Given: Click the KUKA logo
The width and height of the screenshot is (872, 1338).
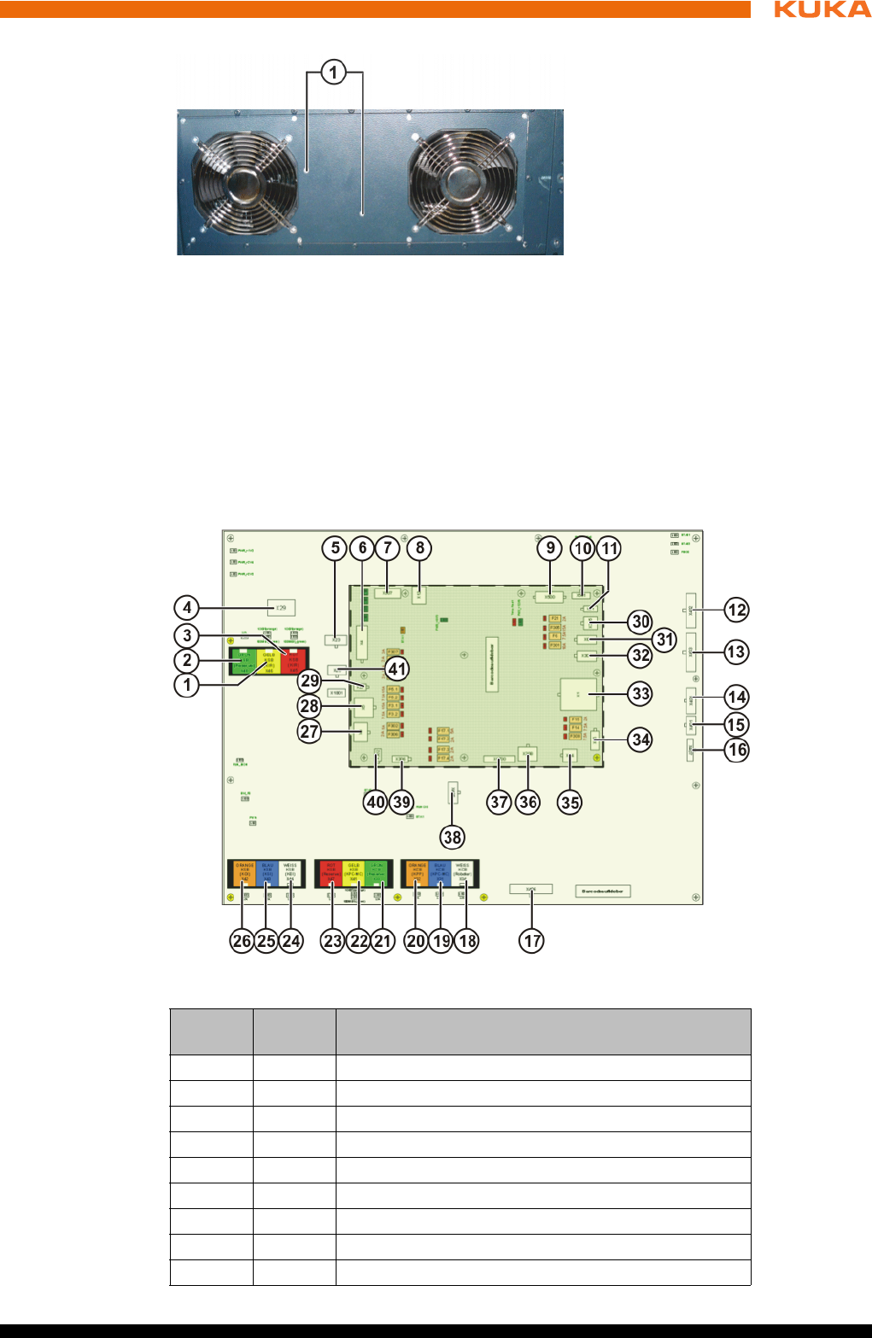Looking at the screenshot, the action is click(x=822, y=9).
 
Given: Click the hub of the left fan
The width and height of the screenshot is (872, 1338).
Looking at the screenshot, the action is click(x=243, y=183).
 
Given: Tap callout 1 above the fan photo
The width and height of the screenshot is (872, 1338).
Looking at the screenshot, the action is click(x=334, y=72).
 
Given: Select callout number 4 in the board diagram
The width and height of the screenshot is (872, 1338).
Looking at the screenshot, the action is click(x=187, y=608).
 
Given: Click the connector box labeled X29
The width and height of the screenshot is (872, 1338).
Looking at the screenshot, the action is click(x=281, y=608).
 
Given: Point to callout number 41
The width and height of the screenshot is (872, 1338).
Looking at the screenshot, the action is click(x=397, y=669).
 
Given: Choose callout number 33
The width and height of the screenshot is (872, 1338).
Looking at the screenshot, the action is click(x=641, y=693).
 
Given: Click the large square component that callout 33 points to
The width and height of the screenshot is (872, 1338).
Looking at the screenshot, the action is click(x=578, y=695).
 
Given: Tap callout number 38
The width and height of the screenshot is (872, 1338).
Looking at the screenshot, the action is click(x=453, y=837).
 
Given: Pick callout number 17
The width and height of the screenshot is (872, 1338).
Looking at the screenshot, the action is click(x=532, y=941).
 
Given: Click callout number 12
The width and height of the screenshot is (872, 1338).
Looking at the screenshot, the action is click(x=736, y=610).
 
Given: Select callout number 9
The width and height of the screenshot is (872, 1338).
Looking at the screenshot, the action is click(x=550, y=548).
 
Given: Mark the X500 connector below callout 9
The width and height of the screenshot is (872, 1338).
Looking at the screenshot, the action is click(x=550, y=597).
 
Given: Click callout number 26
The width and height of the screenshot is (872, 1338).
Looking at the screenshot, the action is click(x=242, y=941).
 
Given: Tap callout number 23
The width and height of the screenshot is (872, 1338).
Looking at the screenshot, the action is click(x=332, y=941).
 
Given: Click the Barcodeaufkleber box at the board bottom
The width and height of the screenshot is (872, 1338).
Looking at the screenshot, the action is click(x=603, y=891).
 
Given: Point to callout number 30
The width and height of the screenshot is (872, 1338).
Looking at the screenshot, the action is click(x=641, y=622).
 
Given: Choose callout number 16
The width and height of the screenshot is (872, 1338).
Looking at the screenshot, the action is click(x=736, y=750).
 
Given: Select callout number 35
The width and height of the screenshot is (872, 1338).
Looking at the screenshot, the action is click(x=570, y=802).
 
